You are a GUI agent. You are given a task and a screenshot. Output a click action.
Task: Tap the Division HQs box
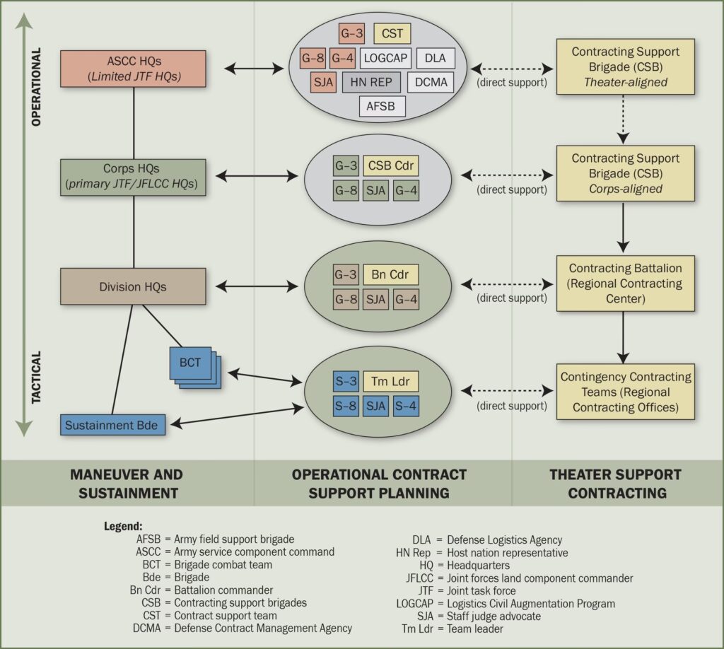tap(134, 287)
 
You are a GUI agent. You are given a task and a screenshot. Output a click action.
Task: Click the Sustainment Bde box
tap(113, 426)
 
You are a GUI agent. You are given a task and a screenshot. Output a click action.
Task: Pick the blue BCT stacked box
tap(191, 363)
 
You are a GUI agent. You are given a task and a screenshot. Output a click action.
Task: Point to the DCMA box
tap(430, 82)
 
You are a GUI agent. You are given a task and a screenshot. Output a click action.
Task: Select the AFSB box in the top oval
tap(382, 106)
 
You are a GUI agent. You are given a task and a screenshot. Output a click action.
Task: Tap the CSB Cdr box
tap(391, 166)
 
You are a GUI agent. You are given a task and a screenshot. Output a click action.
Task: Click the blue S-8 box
tap(346, 406)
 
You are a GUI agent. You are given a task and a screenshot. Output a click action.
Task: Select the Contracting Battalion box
tap(625, 283)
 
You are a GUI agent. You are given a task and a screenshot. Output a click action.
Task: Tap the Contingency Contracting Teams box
tap(625, 392)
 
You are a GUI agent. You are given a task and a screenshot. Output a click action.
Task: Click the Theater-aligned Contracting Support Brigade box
tap(625, 67)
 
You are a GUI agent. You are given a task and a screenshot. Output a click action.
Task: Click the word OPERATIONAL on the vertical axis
tap(37, 86)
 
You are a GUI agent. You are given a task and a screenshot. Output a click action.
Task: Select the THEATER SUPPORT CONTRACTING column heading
tap(615, 483)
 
